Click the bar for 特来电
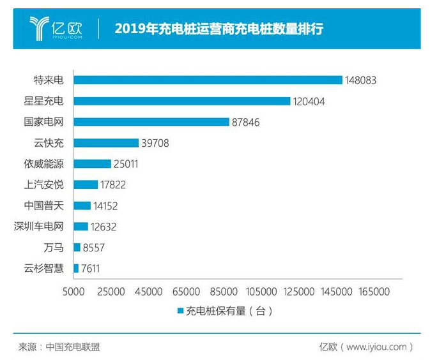[x=208, y=80]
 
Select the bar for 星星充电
[x=181, y=101]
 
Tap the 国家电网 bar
[x=151, y=122]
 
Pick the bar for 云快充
[x=105, y=143]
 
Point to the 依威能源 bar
[x=92, y=164]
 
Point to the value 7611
[x=90, y=269]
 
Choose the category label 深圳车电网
[x=39, y=227]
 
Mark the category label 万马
[x=53, y=248]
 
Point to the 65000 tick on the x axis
[x=186, y=291]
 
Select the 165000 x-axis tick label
[x=374, y=291]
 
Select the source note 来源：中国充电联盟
[x=59, y=347]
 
